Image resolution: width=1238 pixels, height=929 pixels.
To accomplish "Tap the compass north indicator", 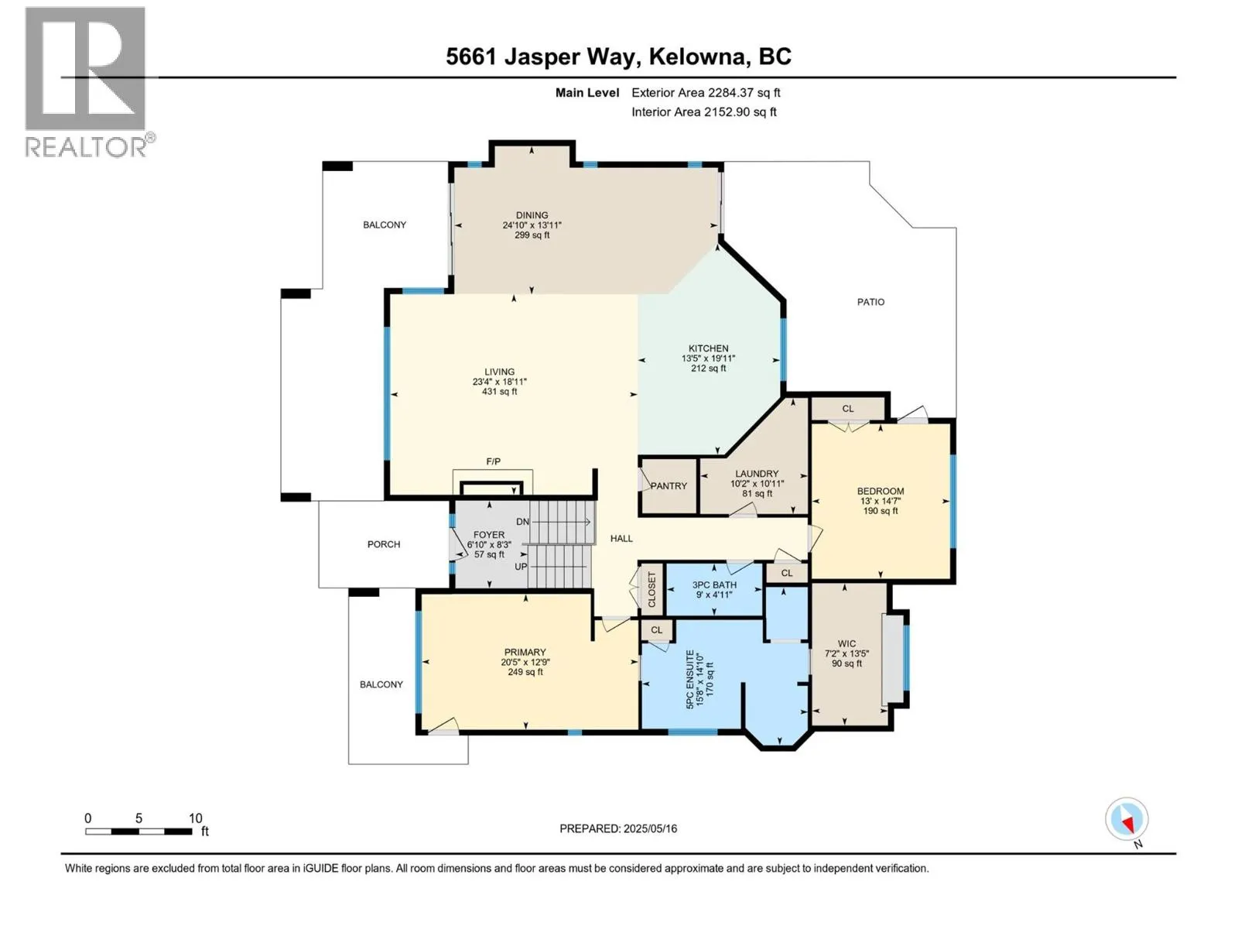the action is tap(1127, 821).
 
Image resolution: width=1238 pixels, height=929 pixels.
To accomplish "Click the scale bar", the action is tap(139, 831).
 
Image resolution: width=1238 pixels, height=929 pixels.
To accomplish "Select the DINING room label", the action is tap(532, 215).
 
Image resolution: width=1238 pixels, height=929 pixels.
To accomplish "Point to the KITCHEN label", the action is tap(708, 348).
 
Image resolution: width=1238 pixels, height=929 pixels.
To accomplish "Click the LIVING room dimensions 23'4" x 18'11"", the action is tap(499, 382).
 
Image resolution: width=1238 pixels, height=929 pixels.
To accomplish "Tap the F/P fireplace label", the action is tap(493, 461).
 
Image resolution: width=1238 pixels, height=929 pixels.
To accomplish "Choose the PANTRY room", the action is tap(669, 485).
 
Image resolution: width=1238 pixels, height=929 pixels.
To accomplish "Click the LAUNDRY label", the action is tap(756, 474).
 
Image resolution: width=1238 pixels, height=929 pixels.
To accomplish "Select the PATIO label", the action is tap(870, 303).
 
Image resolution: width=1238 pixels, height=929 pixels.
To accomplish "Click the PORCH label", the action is tap(384, 544).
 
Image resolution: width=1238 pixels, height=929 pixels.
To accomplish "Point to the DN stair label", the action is tap(522, 522).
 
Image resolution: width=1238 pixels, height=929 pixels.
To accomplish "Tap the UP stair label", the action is tap(521, 566).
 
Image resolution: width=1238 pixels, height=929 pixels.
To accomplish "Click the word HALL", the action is tap(621, 539).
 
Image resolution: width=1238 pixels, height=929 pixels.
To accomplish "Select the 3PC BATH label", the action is tap(714, 585).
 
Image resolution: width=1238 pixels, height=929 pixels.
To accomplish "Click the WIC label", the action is tap(846, 643).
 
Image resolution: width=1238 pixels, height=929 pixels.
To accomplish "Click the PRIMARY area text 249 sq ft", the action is tap(525, 672).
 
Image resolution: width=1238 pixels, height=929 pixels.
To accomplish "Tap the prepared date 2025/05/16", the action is tap(650, 828).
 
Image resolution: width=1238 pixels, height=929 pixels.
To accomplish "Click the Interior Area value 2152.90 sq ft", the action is tap(740, 111).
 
